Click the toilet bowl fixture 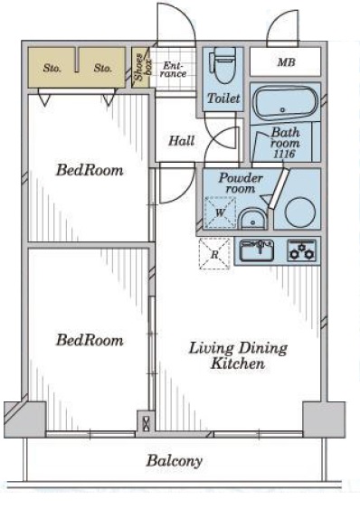click(x=223, y=66)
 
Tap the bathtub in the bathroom click(x=286, y=103)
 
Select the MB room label click(x=286, y=62)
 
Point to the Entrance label click(x=175, y=70)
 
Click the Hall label click(x=182, y=141)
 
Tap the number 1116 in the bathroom click(x=284, y=154)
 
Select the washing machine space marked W click(x=220, y=212)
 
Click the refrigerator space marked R click(x=214, y=254)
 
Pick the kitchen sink click(x=257, y=250)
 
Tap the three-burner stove click(x=301, y=250)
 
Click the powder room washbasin click(x=252, y=220)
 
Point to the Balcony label click(x=175, y=460)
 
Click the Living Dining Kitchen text click(x=238, y=355)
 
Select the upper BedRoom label click(x=90, y=170)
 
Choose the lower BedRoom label click(x=90, y=340)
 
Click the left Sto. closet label click(x=52, y=68)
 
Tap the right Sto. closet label click(x=103, y=68)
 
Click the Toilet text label click(x=223, y=98)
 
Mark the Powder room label click(x=241, y=184)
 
